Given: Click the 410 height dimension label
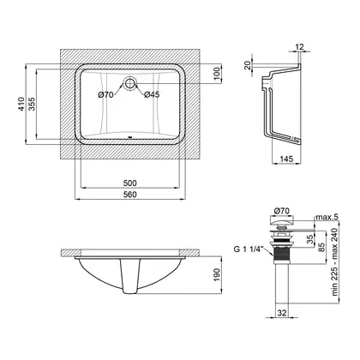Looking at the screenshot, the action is pos(21,105).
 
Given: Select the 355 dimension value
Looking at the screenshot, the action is pos(32,105).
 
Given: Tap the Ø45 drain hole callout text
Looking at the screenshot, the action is pos(152,94).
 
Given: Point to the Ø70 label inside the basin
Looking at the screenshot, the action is pos(105,94).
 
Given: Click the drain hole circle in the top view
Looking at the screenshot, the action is pos(129,83).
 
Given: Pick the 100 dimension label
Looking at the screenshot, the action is pos(218,74).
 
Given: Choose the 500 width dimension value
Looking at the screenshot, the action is pos(129,183).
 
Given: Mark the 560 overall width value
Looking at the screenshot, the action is pos(130,195).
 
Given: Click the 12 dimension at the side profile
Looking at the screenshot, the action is pos(299,46).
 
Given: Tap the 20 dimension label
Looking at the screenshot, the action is pos(248,65).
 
